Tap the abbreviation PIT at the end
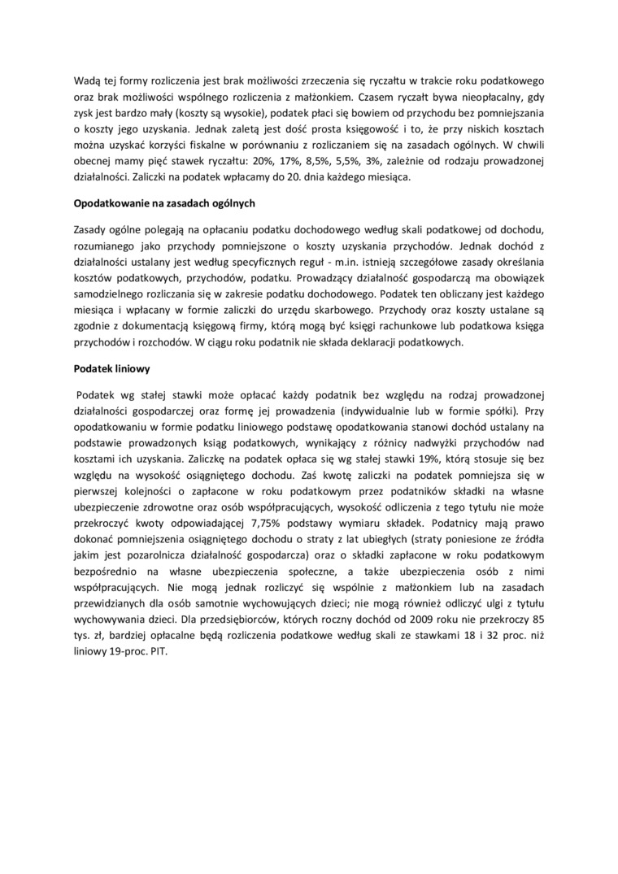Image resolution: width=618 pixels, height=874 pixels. tap(158, 652)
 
